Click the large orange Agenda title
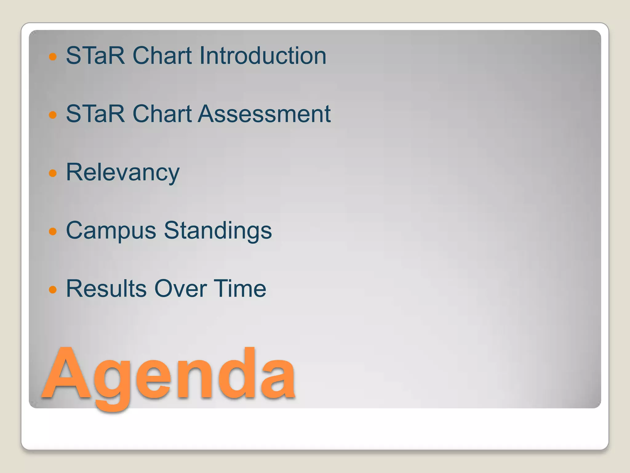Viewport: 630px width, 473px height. pos(169,374)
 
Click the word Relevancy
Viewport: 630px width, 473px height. pos(122,172)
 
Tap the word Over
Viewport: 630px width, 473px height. pos(180,289)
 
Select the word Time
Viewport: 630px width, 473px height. pos(240,289)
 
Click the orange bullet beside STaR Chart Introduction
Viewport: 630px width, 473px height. pos(53,57)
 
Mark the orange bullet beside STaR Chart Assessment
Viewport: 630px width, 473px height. pos(53,115)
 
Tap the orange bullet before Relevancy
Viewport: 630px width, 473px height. pos(53,173)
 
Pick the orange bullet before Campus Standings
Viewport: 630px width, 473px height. pos(53,231)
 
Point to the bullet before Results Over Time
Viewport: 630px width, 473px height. pos(53,289)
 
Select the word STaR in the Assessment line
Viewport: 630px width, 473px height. pos(95,114)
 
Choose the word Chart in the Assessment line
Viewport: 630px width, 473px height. pos(162,114)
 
